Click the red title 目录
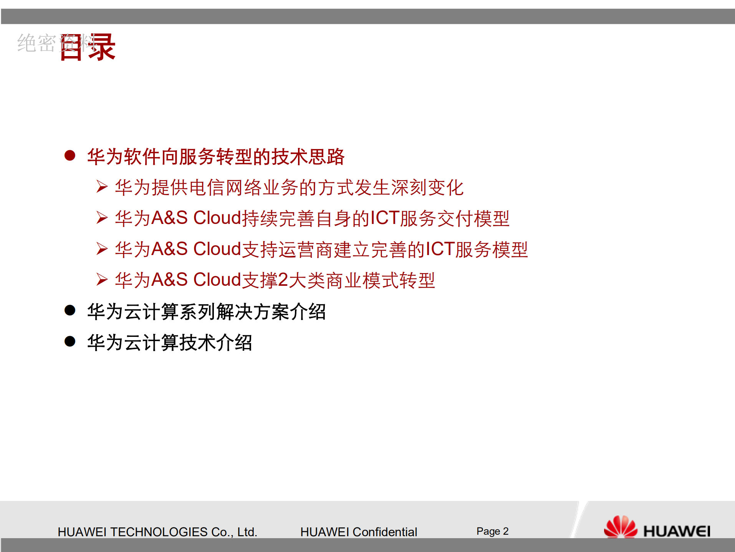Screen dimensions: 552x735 click(x=88, y=48)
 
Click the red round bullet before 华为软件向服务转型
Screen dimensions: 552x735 click(x=70, y=155)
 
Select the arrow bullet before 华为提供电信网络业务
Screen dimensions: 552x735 click(x=102, y=187)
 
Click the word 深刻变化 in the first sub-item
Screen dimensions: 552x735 click(x=427, y=188)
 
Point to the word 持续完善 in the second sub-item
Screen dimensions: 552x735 click(x=278, y=219)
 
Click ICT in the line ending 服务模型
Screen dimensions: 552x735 click(x=440, y=249)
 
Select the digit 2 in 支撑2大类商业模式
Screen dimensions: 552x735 click(x=283, y=280)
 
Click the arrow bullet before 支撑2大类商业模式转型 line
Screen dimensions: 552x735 click(x=102, y=279)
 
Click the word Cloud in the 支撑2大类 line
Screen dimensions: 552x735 click(x=217, y=280)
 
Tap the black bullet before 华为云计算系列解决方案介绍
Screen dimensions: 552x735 click(x=70, y=310)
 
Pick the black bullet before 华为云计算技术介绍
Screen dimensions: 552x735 click(x=70, y=341)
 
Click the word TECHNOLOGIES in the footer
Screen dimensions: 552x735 click(x=159, y=532)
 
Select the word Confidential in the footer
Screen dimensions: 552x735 click(x=384, y=532)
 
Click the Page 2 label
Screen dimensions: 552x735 click(x=492, y=531)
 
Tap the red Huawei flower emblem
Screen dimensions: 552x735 click(x=620, y=527)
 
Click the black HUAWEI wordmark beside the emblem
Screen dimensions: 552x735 click(x=677, y=532)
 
